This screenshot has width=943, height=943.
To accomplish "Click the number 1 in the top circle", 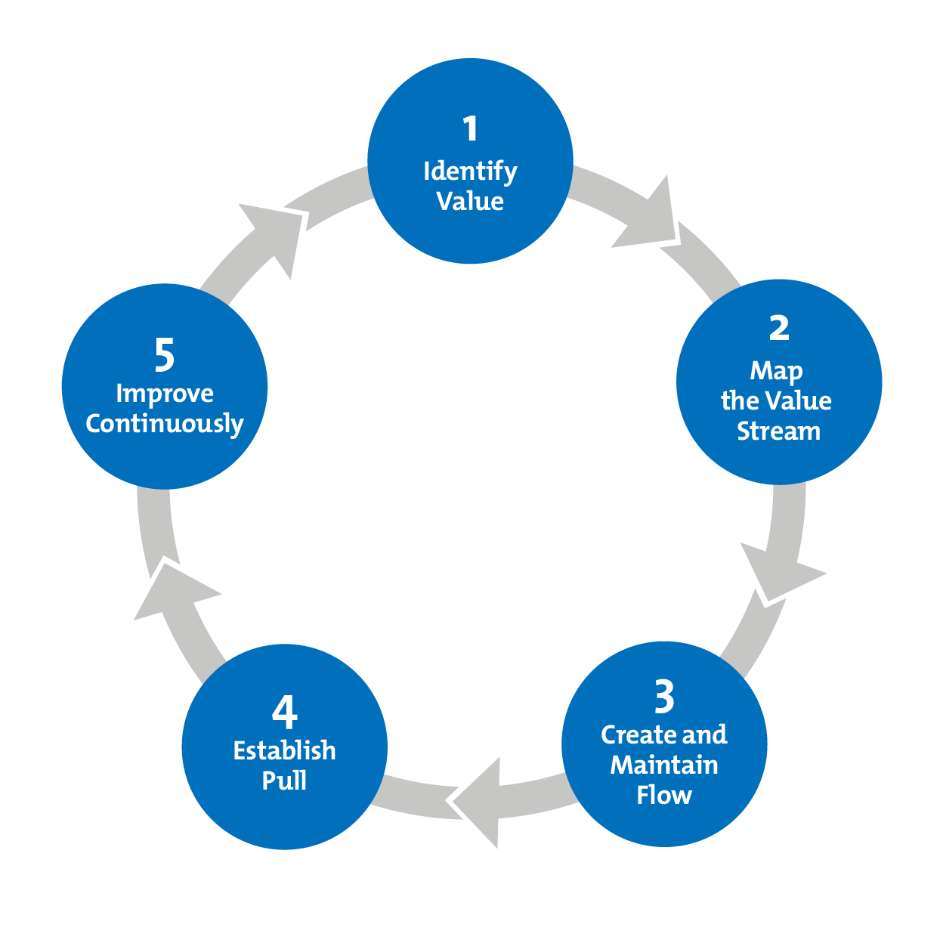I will [471, 129].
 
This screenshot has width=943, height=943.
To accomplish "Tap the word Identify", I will [470, 172].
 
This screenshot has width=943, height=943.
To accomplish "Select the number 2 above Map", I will [779, 328].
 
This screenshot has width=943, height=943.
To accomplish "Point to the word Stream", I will [778, 431].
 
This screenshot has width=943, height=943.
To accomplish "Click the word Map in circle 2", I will [776, 372].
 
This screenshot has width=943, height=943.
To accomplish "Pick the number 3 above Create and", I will [664, 697].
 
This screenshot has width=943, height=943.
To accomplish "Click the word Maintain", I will [664, 765].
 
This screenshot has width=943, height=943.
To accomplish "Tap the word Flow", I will [664, 795].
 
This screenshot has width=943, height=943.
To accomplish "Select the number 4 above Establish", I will [285, 712].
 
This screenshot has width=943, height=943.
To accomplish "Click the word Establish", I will [285, 750].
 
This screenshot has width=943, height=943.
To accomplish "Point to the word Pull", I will [285, 781].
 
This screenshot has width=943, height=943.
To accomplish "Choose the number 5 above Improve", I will [165, 355].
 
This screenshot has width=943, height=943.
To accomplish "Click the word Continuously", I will [165, 424].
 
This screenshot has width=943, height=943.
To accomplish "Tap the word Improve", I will [165, 394].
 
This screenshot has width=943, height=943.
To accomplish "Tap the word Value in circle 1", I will [470, 202].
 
